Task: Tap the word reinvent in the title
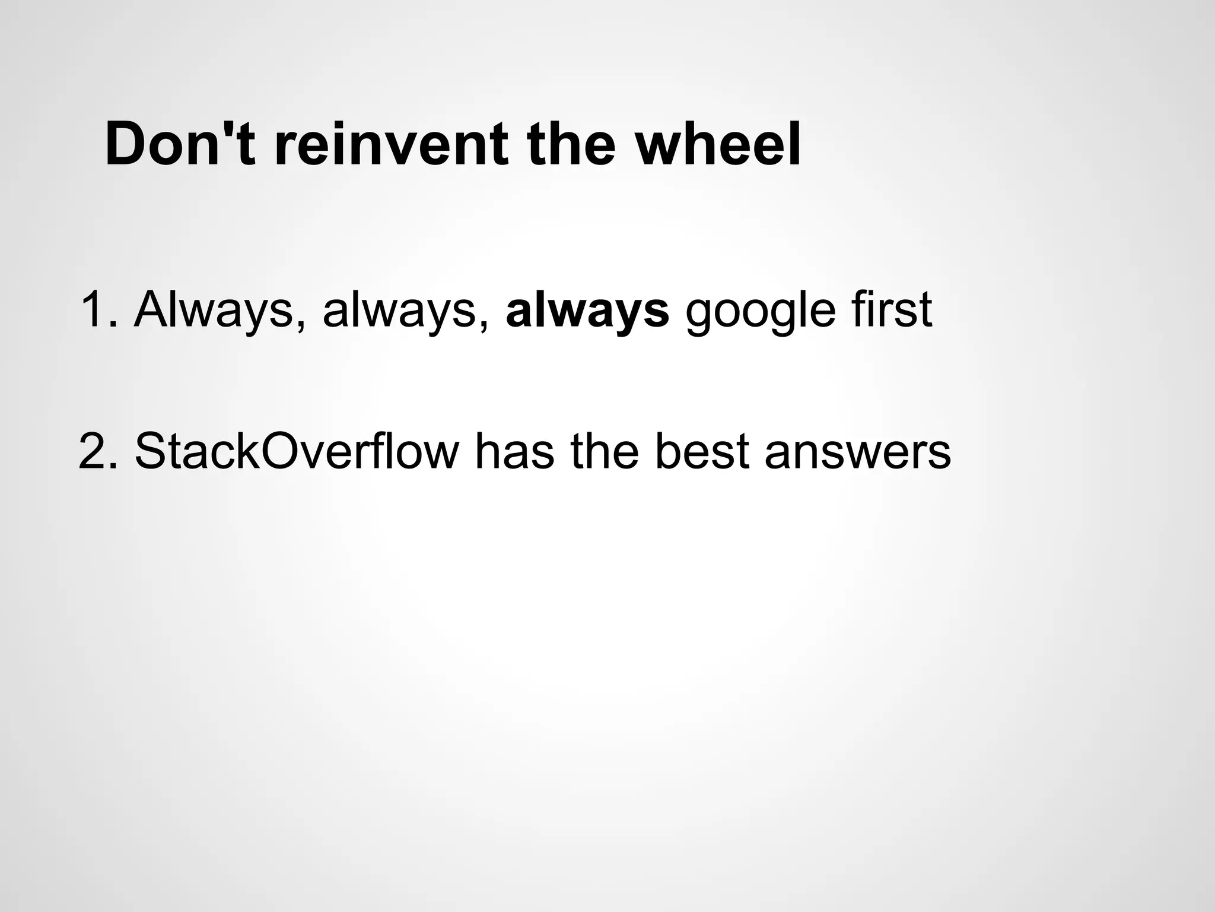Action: [x=392, y=144]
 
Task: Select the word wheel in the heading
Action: [x=717, y=144]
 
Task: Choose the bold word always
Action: [x=587, y=310]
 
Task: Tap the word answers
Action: [x=858, y=452]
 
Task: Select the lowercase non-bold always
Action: [x=404, y=310]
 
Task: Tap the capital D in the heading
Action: [x=127, y=144]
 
